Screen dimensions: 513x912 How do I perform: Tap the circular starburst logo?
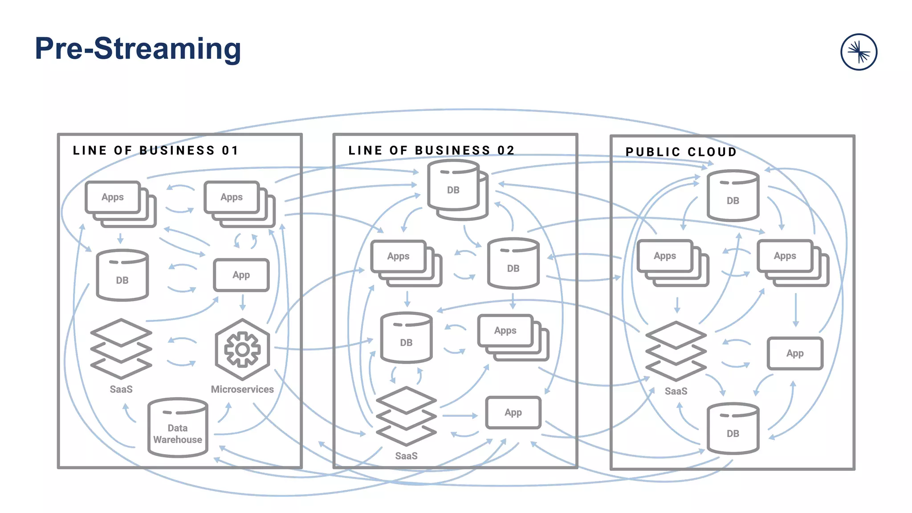click(859, 52)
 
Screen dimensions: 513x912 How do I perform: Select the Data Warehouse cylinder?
click(178, 428)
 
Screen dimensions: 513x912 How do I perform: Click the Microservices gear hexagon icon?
click(242, 349)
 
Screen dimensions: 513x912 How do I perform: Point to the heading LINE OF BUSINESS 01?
click(156, 151)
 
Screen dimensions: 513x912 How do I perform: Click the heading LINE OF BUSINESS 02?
click(431, 151)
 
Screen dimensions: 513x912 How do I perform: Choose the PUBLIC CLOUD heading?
click(681, 152)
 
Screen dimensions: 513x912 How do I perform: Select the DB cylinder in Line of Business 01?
click(122, 275)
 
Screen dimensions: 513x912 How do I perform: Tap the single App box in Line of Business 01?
click(241, 275)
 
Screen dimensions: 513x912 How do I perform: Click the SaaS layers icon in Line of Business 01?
click(121, 349)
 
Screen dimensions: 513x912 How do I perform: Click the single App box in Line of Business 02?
click(513, 412)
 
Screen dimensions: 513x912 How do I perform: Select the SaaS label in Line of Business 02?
click(406, 456)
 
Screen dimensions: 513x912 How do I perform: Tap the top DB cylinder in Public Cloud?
click(733, 195)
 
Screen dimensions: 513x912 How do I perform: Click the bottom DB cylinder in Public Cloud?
click(733, 428)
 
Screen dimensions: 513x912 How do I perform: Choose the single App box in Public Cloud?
click(795, 353)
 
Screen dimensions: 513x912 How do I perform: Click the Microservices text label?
click(242, 389)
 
